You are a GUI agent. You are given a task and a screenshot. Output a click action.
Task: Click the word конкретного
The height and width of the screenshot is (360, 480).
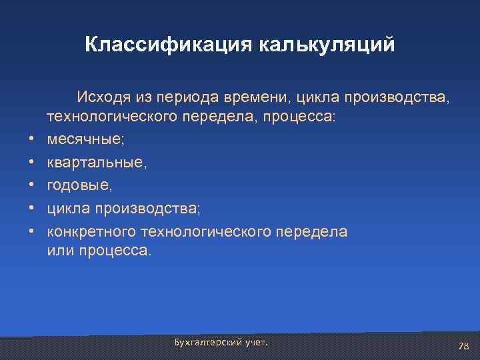92,231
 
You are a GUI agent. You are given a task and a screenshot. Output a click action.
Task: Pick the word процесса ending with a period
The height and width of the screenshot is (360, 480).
115,251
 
